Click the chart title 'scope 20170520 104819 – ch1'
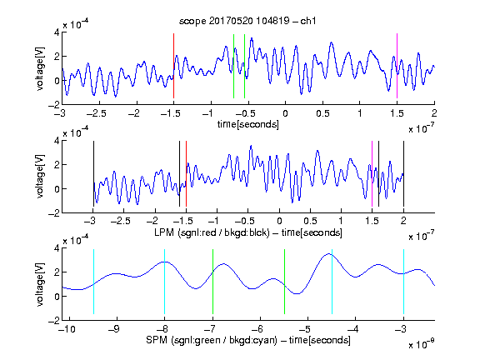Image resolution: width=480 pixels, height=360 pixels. pyautogui.click(x=247, y=21)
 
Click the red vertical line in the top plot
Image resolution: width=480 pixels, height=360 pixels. pyautogui.click(x=173, y=66)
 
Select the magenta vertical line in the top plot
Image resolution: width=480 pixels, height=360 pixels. pyautogui.click(x=397, y=66)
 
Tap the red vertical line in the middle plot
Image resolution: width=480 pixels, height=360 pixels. pyautogui.click(x=186, y=174)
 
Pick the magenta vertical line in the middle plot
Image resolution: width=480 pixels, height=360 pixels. pyautogui.click(x=372, y=174)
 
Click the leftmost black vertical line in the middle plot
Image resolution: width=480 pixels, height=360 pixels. pyautogui.click(x=93, y=174)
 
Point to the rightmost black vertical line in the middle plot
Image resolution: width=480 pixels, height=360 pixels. pyautogui.click(x=403, y=174)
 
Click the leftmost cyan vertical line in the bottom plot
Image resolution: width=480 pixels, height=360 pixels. pyautogui.click(x=93, y=282)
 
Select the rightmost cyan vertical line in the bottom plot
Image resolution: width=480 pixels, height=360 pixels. pyautogui.click(x=403, y=282)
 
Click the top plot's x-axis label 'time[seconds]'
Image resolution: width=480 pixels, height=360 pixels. pyautogui.click(x=248, y=124)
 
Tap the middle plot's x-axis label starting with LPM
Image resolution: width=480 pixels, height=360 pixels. pyautogui.click(x=248, y=232)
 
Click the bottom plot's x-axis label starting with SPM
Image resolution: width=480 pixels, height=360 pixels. pyautogui.click(x=248, y=340)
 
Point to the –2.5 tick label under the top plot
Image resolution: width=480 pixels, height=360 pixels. pyautogui.click(x=96, y=113)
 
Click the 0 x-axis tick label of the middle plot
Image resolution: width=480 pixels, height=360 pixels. pyautogui.click(x=279, y=221)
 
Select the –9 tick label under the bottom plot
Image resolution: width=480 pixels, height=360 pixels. pyautogui.click(x=114, y=329)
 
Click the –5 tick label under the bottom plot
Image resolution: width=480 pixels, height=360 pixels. pyautogui.click(x=305, y=329)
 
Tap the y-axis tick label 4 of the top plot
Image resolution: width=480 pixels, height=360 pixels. pyautogui.click(x=57, y=32)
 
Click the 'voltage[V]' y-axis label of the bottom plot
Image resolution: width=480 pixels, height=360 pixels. pyautogui.click(x=40, y=284)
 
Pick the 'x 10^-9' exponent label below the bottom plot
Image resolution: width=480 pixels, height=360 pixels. pyautogui.click(x=421, y=343)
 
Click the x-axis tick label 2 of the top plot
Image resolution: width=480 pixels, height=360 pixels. pyautogui.click(x=434, y=113)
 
